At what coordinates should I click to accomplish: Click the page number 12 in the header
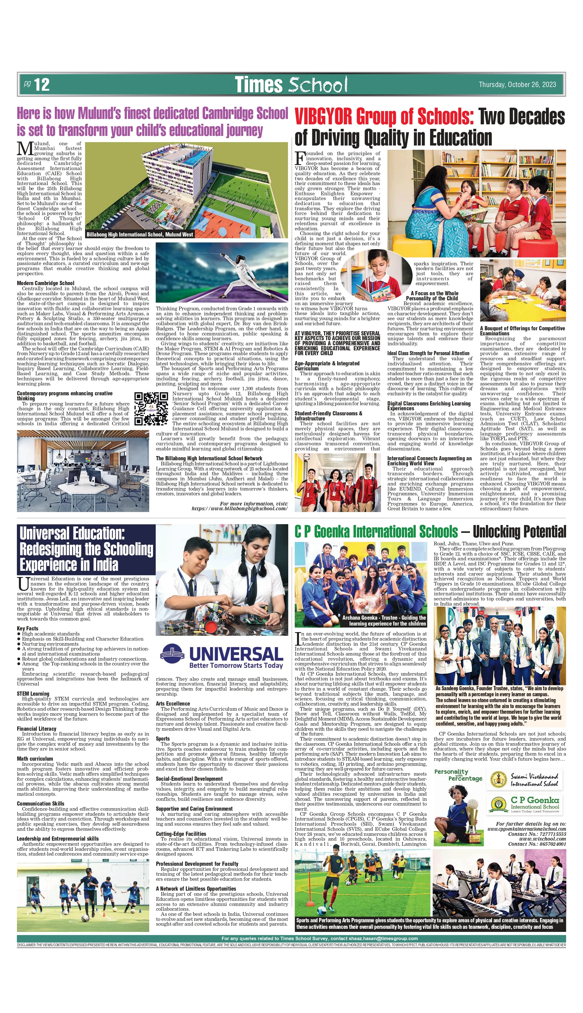[41, 85]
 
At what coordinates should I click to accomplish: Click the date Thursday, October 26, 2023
[517, 85]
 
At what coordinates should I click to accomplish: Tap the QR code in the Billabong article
[151, 408]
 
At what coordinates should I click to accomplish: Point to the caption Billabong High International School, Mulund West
[140, 235]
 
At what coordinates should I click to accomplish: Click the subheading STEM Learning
[33, 694]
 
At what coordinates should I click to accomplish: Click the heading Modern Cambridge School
[45, 283]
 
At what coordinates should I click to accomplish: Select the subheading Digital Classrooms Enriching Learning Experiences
[428, 406]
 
